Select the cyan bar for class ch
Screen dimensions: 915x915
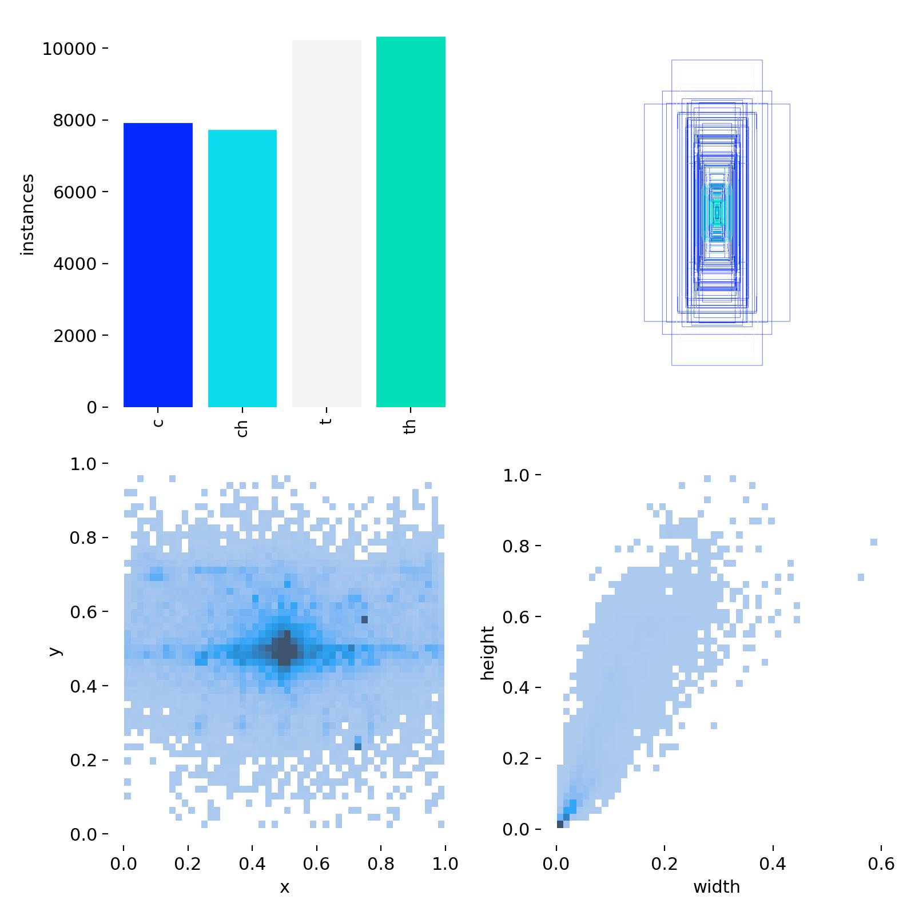coord(242,268)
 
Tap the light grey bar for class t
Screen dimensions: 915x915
coord(327,224)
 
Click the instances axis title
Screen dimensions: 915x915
coord(27,214)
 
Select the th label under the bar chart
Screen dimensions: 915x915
coord(409,427)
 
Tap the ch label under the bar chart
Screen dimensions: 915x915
coord(242,429)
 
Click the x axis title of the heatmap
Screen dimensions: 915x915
coord(284,888)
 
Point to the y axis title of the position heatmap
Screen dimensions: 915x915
coord(54,651)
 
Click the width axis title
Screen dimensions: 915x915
coord(717,887)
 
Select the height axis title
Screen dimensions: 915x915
coord(487,653)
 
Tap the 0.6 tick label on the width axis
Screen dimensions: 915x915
coord(881,864)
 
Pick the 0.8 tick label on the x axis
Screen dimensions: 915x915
coord(381,864)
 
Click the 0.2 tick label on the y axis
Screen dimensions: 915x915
coord(83,761)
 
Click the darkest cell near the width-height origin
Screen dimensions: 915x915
coord(560,824)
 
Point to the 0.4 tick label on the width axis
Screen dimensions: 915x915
coord(773,864)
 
